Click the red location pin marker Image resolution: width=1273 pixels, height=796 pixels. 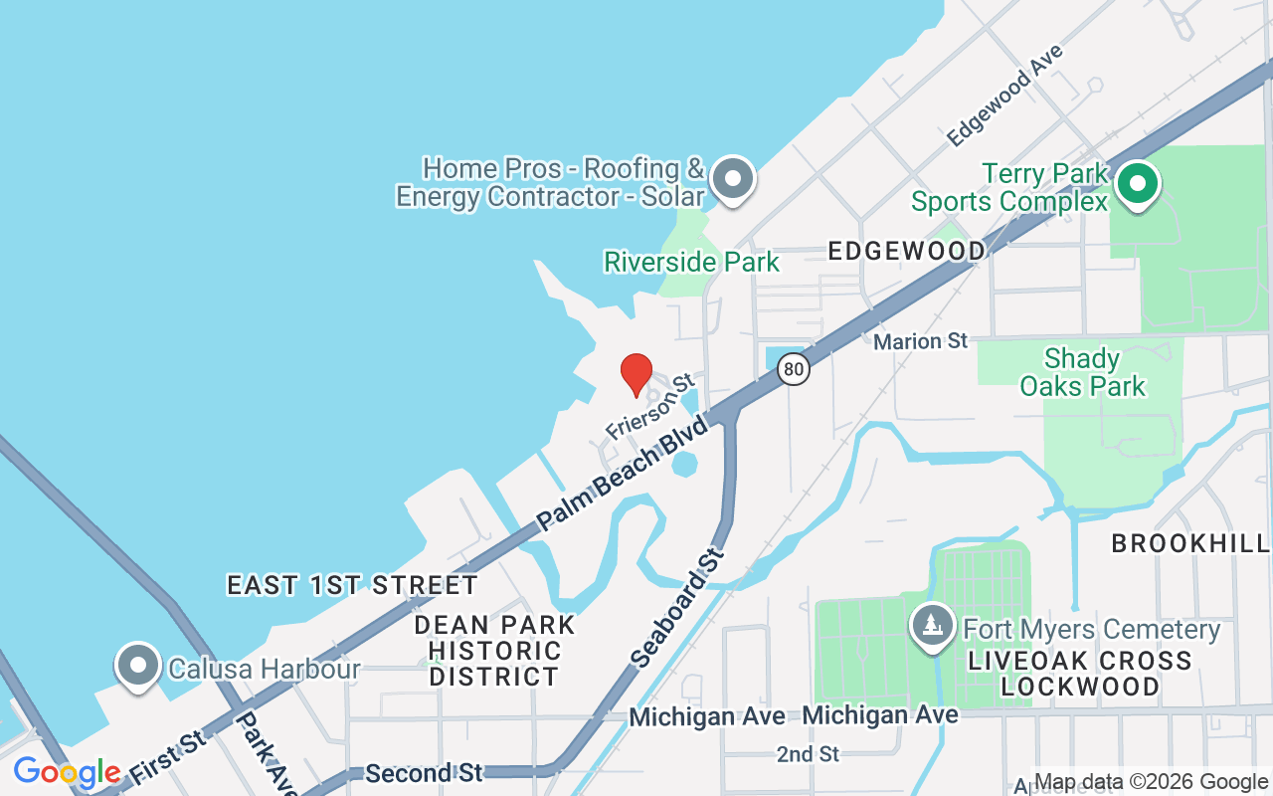point(636,374)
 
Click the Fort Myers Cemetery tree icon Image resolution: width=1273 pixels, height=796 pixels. point(932,626)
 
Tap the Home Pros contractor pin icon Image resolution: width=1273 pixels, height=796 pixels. point(734,179)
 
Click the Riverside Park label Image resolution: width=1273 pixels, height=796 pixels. point(692,263)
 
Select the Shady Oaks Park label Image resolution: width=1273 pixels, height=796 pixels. point(1082,372)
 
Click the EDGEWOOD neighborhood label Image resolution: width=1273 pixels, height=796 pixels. point(907,251)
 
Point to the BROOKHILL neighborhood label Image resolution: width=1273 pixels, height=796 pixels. point(1190,543)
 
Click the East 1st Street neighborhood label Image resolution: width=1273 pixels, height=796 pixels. point(353,585)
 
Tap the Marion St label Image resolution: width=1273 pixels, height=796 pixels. point(920,341)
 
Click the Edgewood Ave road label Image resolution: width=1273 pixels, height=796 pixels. point(1004,96)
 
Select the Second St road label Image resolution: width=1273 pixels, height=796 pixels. point(424,773)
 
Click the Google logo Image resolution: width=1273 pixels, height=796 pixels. point(67,772)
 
